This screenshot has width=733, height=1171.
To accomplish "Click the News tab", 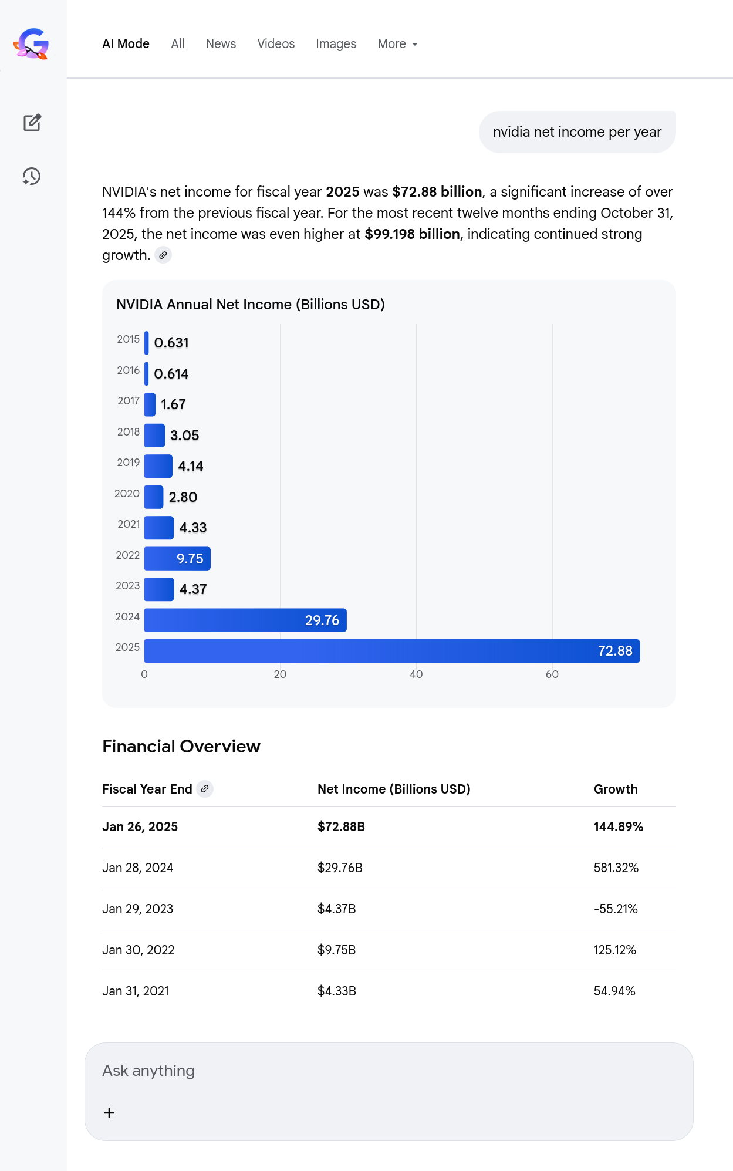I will (221, 44).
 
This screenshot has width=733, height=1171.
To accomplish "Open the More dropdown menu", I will (397, 44).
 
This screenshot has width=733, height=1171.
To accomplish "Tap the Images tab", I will (336, 44).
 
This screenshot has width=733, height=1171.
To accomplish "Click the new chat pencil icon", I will (32, 123).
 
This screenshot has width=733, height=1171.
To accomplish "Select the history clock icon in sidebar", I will (32, 176).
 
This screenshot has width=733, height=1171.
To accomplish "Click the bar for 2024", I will (245, 620).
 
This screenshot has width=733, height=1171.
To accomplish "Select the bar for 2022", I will (177, 559).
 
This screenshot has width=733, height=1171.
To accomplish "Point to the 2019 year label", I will (129, 463).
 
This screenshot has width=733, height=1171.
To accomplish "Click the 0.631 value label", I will (171, 343).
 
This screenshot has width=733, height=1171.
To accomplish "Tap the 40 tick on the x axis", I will (416, 674).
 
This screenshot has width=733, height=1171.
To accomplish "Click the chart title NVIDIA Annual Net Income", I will (251, 305).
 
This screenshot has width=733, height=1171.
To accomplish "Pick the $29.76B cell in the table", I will (340, 868).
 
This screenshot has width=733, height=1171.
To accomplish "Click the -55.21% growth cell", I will (616, 909).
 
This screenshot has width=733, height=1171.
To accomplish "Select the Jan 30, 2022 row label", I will (139, 950).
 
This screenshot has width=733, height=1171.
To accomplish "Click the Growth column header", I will (616, 789).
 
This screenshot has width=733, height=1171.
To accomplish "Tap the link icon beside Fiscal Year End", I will (205, 789).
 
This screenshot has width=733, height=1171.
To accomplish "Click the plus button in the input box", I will (109, 1113).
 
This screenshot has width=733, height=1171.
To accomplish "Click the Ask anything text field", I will (387, 1071).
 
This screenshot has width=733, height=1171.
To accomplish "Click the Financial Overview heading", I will (181, 747).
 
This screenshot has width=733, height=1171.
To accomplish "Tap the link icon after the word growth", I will (163, 255).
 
